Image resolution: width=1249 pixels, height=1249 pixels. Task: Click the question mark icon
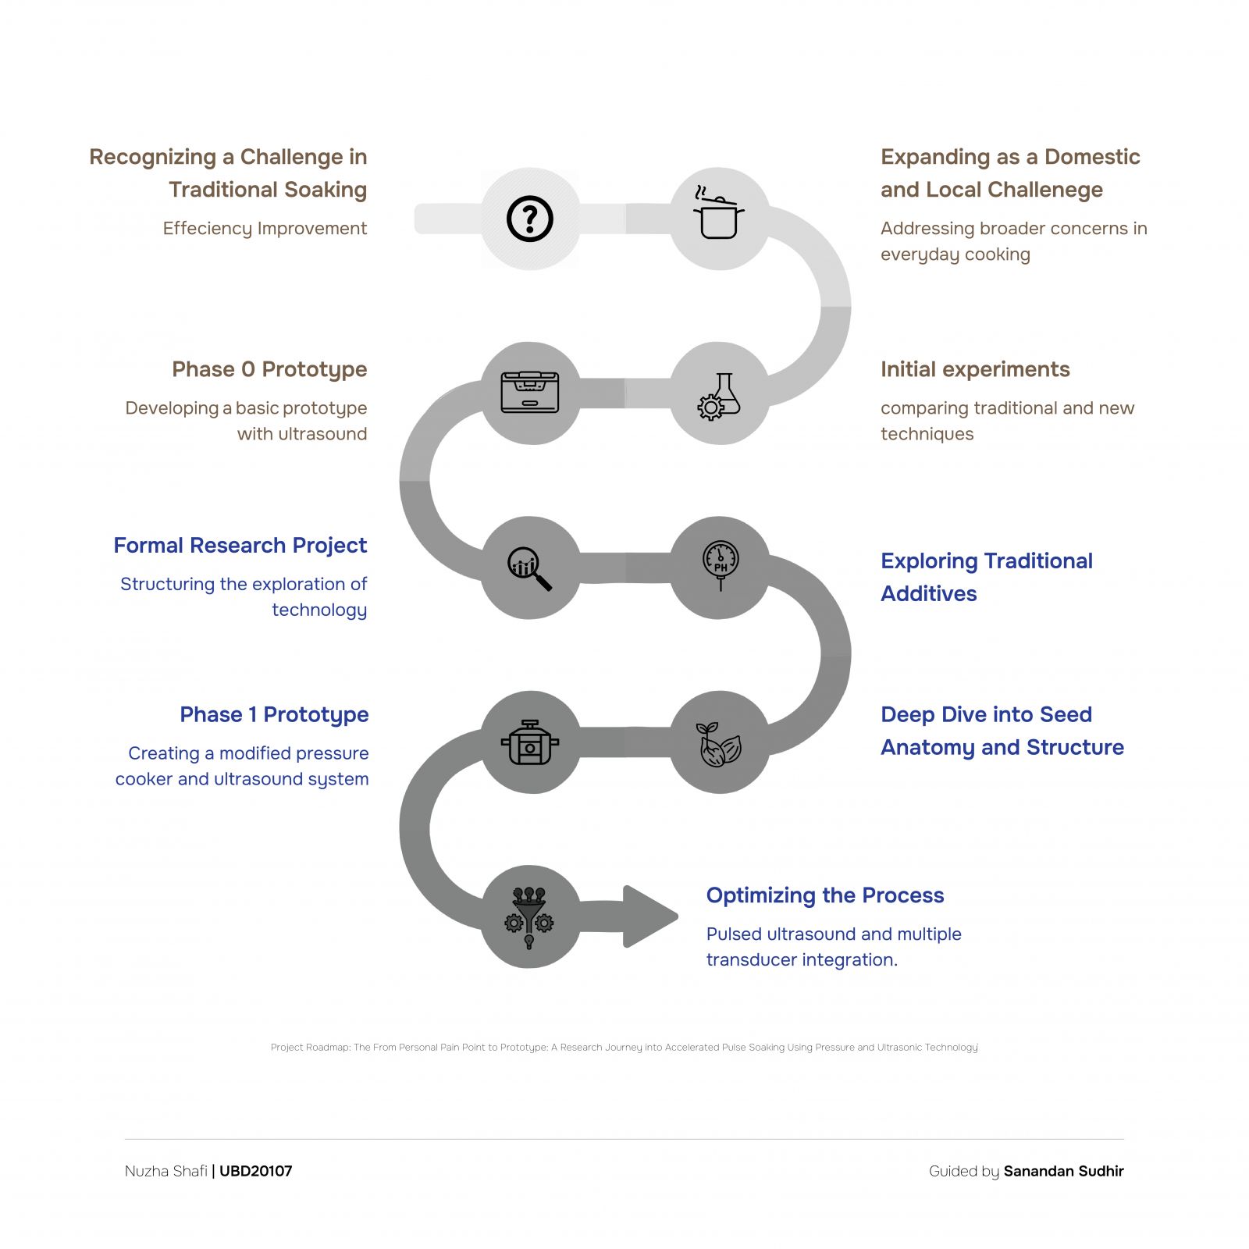click(x=530, y=219)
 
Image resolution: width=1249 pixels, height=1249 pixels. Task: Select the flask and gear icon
click(x=719, y=397)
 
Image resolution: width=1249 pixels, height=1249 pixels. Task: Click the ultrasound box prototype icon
click(x=530, y=392)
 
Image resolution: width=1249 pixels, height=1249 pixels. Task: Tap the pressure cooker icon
click(x=530, y=742)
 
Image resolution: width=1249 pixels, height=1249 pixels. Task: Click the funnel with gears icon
click(x=529, y=918)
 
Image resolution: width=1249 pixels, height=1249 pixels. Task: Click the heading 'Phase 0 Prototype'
click(x=269, y=369)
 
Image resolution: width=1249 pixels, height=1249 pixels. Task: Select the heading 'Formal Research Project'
click(x=240, y=545)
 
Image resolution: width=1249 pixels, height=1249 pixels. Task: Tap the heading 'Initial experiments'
click(x=975, y=369)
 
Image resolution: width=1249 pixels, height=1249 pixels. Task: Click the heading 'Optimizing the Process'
click(x=825, y=895)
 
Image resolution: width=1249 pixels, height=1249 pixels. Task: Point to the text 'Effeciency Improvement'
click(x=265, y=229)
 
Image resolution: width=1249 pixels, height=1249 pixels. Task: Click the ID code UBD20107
click(x=256, y=1171)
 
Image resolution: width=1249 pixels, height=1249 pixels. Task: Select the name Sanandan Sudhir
click(x=1064, y=1171)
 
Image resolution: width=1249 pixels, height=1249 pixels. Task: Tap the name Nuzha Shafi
click(x=166, y=1171)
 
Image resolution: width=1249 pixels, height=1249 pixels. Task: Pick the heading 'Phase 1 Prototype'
click(x=274, y=715)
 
